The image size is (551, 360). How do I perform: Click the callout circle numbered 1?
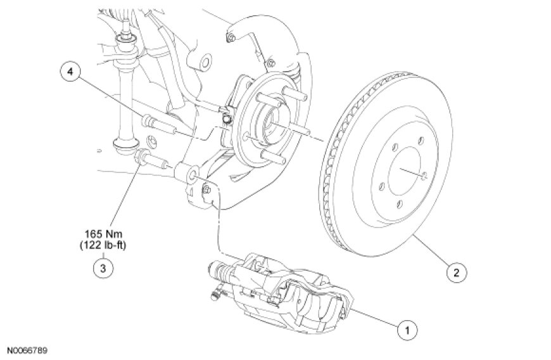tap(408, 330)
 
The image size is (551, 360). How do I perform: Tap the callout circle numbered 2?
tap(456, 272)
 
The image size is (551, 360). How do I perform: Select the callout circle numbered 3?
tap(103, 268)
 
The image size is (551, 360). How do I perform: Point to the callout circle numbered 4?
tap(70, 72)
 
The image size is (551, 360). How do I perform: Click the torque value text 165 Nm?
tap(103, 234)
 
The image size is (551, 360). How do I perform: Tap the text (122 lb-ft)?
tap(103, 245)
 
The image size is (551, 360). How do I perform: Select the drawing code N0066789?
tap(27, 350)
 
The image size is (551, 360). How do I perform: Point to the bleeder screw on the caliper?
tap(215, 293)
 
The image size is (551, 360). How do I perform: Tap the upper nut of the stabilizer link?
tap(125, 37)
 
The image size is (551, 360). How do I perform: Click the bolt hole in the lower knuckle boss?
tap(193, 174)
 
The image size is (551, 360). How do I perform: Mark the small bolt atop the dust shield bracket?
tap(231, 38)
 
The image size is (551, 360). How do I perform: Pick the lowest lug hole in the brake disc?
tap(399, 204)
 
